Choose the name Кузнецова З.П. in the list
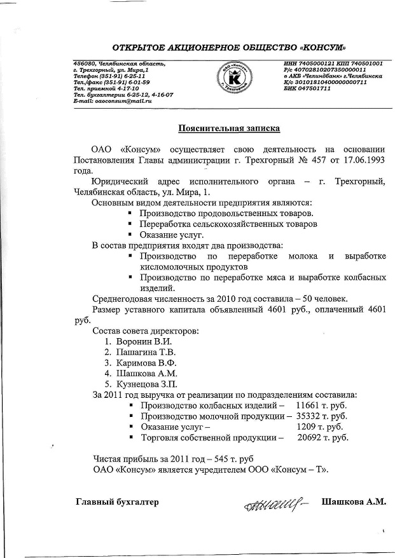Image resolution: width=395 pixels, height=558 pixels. [x=146, y=384]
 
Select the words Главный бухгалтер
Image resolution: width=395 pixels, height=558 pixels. [x=117, y=503]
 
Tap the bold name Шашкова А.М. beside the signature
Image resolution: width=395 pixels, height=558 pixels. [x=354, y=502]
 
